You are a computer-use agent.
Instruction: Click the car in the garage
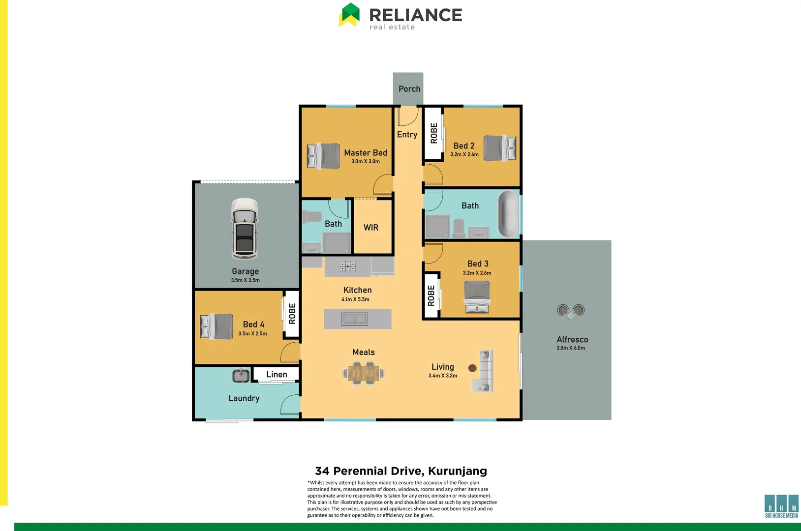[245, 229]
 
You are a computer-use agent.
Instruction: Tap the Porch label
[409, 89]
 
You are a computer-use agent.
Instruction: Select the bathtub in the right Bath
[508, 214]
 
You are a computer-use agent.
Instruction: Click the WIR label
[371, 228]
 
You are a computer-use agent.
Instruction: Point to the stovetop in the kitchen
[347, 266]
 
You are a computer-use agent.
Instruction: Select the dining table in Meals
[364, 373]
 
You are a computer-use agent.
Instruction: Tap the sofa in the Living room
[485, 371]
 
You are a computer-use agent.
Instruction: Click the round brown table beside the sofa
[472, 368]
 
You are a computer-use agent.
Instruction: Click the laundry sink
[241, 376]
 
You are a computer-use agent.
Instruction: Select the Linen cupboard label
[277, 375]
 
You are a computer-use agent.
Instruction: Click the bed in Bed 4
[216, 326]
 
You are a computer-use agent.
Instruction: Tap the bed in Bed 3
[477, 296]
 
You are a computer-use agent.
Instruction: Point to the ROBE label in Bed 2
[434, 133]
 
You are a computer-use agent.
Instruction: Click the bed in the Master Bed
[323, 155]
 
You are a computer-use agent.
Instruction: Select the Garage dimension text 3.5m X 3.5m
[246, 280]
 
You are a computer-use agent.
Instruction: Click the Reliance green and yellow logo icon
[349, 15]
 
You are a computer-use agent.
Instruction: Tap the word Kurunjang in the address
[458, 471]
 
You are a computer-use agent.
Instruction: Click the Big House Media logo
[781, 506]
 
